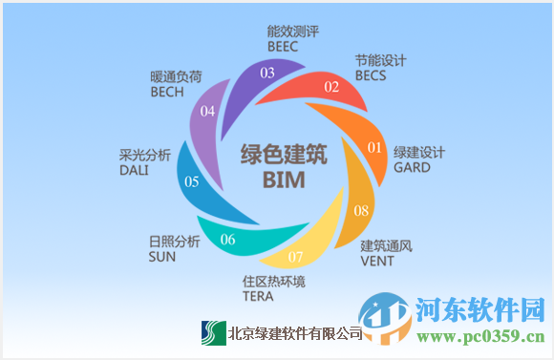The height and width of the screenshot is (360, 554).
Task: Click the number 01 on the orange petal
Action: coord(374,148)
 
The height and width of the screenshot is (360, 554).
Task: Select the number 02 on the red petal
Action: coord(332,87)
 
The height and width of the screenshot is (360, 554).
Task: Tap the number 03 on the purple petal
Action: coord(267,73)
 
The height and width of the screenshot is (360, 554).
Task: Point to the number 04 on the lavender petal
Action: coord(207,112)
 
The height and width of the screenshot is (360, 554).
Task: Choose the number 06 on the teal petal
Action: coord(227,240)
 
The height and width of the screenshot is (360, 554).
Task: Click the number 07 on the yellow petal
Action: coord(296,256)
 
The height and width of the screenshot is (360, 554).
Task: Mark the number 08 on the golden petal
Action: coord(361,210)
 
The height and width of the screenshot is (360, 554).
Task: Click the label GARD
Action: coord(412,167)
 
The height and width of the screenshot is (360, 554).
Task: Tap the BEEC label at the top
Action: coord(284,45)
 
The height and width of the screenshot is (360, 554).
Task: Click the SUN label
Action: coord(162,257)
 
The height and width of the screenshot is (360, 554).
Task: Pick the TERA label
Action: coord(257,295)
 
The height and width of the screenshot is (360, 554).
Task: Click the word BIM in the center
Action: coord(283,180)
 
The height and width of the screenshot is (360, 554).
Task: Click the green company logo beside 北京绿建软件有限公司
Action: coord(212,332)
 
